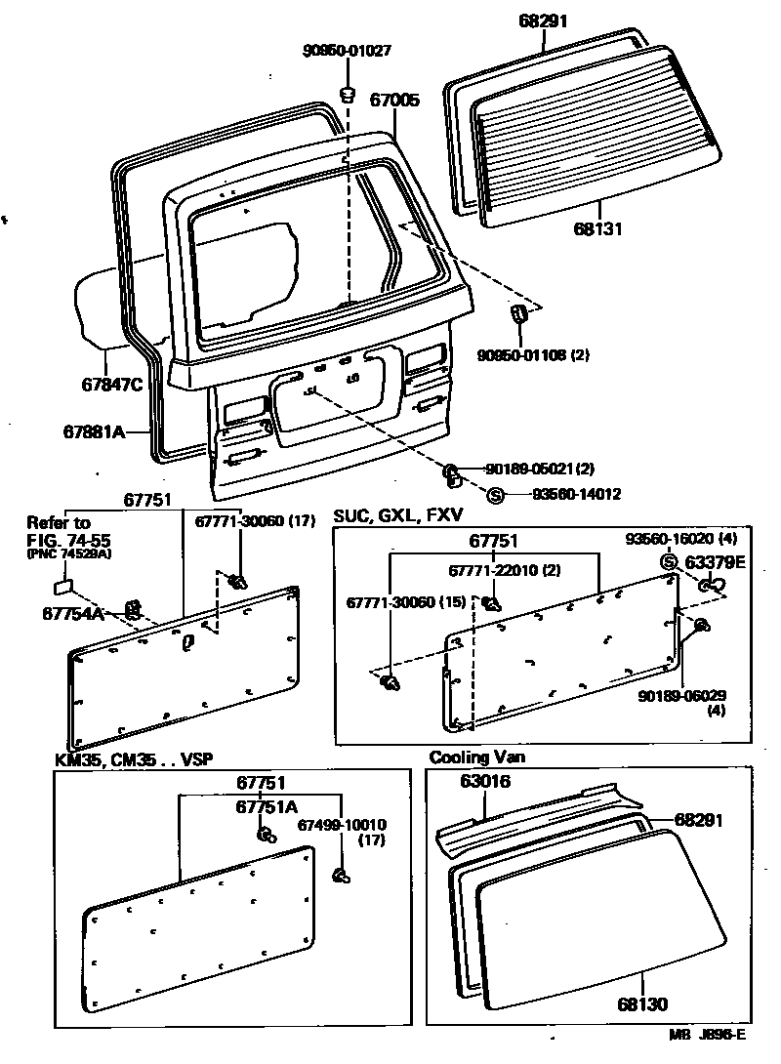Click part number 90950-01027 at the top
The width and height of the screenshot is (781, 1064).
click(332, 50)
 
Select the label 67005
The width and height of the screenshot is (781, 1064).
click(394, 100)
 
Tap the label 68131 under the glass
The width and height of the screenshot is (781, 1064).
click(599, 229)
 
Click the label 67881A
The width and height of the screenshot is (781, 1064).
click(96, 430)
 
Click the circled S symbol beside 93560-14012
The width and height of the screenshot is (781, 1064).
click(495, 495)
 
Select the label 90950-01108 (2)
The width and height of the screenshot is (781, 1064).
click(533, 354)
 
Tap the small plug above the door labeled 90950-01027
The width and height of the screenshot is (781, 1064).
click(347, 95)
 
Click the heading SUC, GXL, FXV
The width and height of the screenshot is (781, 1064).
click(397, 514)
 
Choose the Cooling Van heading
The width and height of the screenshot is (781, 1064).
click(472, 757)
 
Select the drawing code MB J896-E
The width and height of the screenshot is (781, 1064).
click(708, 1036)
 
